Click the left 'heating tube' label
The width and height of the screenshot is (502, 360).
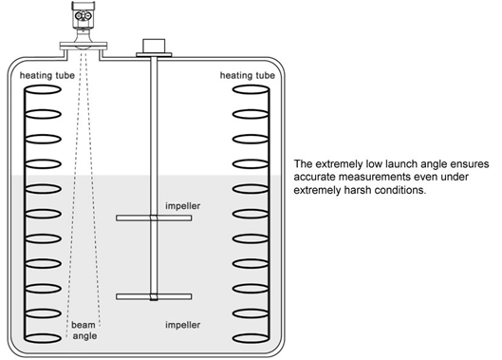47,75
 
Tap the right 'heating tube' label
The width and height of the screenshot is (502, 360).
248,75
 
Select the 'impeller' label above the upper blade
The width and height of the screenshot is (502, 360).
183,206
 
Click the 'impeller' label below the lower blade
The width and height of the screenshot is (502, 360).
183,325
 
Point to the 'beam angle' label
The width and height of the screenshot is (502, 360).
84,331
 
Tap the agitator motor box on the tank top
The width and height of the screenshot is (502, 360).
154,46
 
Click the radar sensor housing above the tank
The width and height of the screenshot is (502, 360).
84,14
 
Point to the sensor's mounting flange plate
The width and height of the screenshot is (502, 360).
84,46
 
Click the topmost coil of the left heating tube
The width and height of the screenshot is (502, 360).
43,89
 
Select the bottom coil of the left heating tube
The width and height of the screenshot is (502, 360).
43,338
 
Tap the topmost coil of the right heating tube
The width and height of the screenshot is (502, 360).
251,89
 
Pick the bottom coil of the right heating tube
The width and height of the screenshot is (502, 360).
251,338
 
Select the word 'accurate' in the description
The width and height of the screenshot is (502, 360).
315,177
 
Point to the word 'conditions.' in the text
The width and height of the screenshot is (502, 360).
400,190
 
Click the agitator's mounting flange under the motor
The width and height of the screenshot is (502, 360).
154,55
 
